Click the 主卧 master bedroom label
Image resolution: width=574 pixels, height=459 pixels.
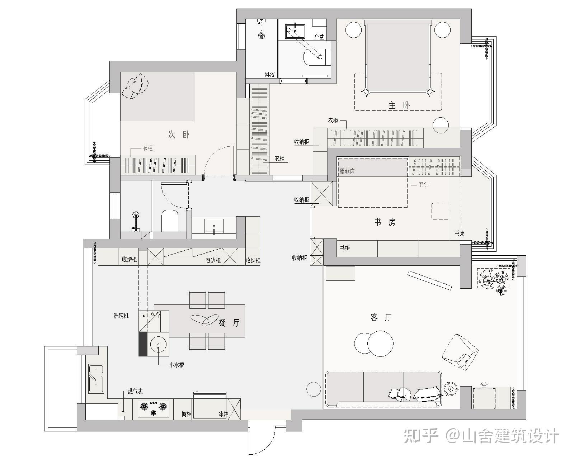[399, 106]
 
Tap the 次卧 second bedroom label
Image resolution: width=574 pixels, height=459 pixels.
[179, 134]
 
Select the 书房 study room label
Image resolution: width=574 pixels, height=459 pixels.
[385, 222]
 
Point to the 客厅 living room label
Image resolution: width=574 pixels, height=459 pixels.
[381, 317]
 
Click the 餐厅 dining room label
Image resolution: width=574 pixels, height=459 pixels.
[229, 323]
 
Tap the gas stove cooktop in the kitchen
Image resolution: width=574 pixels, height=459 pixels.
[154, 408]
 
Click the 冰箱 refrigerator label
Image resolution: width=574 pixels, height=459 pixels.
[224, 414]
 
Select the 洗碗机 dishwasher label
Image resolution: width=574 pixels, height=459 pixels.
[121, 316]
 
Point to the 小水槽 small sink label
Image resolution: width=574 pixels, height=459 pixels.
[177, 365]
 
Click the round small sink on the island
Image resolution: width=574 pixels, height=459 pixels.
[159, 345]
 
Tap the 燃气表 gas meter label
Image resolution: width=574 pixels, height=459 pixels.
[135, 391]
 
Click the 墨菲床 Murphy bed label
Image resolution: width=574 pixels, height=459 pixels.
[347, 171]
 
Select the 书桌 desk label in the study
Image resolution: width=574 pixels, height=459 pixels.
[460, 233]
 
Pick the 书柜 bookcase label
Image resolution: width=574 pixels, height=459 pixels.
[345, 248]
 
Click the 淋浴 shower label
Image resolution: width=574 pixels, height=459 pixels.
[269, 75]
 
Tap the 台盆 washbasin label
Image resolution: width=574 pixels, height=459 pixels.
[319, 37]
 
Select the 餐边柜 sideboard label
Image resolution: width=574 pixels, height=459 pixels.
[213, 260]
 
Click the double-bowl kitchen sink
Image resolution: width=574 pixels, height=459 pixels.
[96, 379]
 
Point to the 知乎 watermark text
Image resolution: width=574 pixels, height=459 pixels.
[421, 436]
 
